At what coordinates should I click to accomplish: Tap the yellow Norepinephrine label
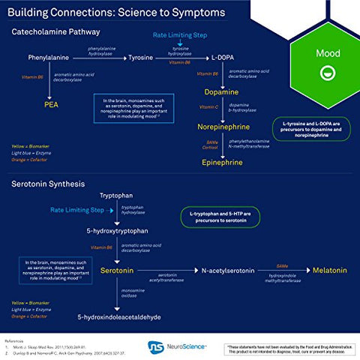tap(222, 127)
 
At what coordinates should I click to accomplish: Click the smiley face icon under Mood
tap(327, 72)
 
